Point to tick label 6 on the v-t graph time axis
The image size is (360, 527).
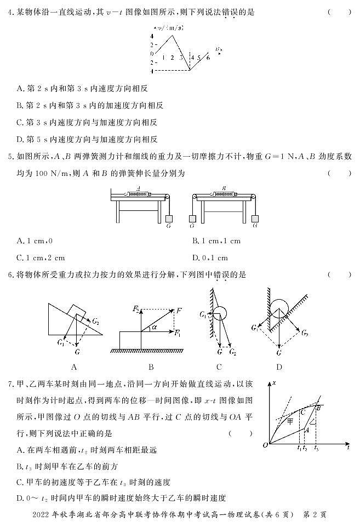coord(208,56)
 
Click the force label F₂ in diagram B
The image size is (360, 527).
coord(136,310)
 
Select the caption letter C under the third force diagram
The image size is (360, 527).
coord(219,367)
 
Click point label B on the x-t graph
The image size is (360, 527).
coord(318,407)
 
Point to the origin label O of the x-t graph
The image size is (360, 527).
coord(265,445)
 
